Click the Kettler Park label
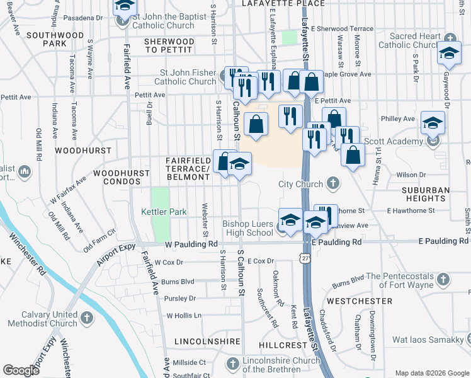click(163, 212)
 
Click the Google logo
click(21, 370)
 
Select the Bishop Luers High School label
click(247, 228)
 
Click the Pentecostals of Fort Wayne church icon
click(443, 278)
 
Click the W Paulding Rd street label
click(182, 244)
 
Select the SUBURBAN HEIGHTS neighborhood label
click(426, 194)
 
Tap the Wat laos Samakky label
click(428, 340)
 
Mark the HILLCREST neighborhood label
click(282, 345)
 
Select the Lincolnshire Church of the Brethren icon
click(232, 364)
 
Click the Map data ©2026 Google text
click(431, 373)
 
